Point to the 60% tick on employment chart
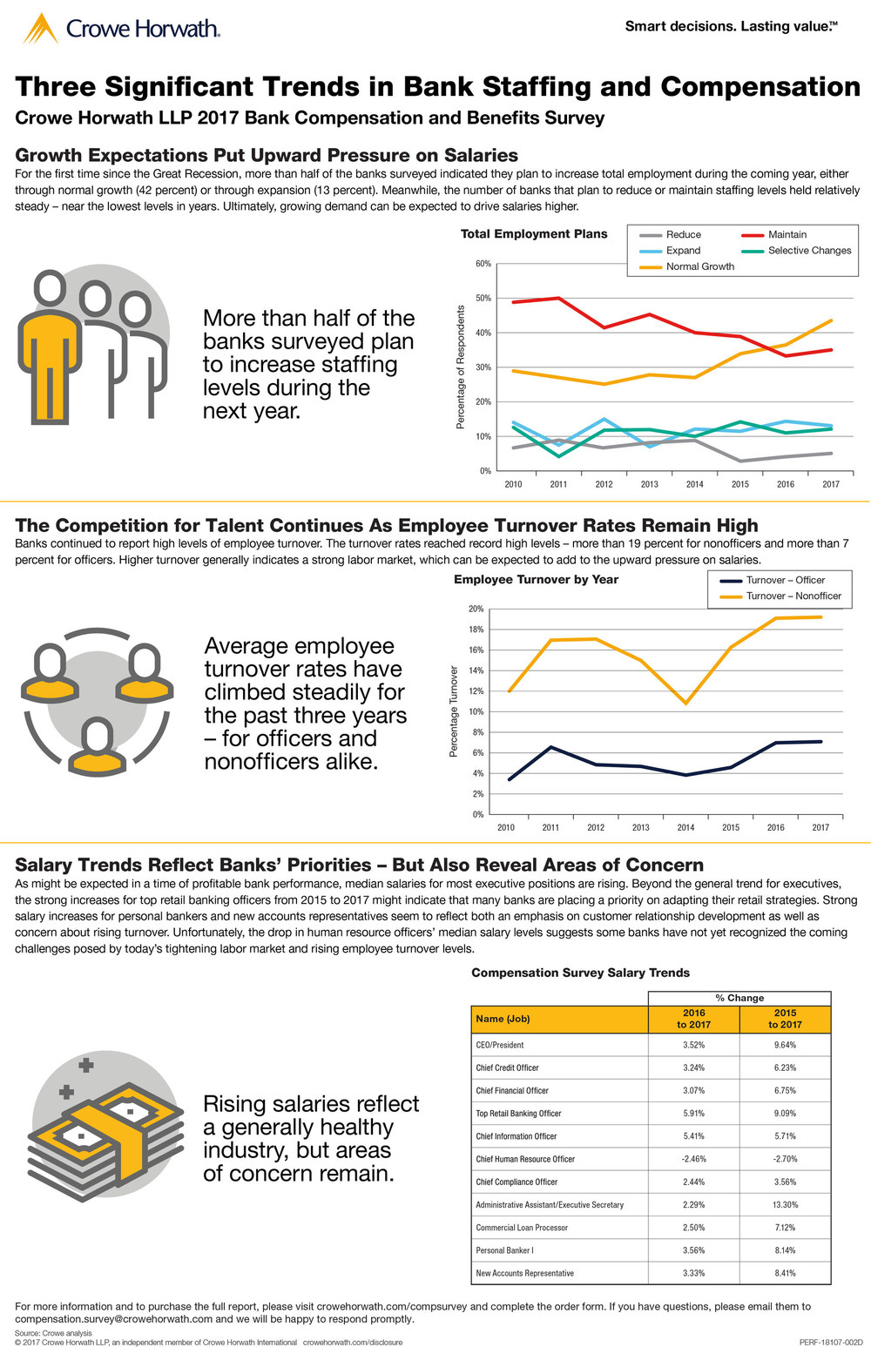click(x=483, y=264)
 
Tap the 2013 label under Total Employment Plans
click(x=649, y=484)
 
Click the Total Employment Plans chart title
click(x=534, y=233)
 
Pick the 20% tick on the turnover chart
click(x=476, y=609)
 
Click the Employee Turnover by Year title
click(x=536, y=579)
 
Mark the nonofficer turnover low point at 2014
click(x=686, y=704)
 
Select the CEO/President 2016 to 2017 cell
click(x=694, y=1045)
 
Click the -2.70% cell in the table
click(x=785, y=1159)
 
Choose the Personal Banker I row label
click(x=505, y=1250)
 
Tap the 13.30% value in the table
click(x=785, y=1205)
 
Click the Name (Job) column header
click(x=503, y=1019)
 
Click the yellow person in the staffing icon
click(x=51, y=348)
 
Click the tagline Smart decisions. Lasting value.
click(x=731, y=26)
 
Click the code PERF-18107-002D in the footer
click(x=830, y=1342)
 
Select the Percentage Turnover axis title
click(x=454, y=711)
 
